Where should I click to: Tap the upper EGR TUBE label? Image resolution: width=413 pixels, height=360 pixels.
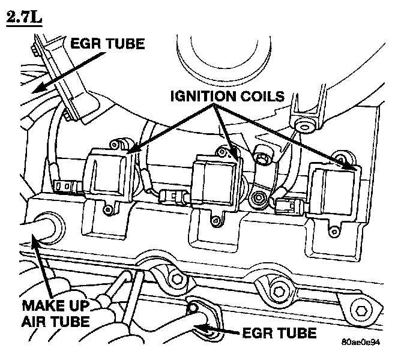coord(109,44)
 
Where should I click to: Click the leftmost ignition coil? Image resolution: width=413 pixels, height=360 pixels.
coord(110,174)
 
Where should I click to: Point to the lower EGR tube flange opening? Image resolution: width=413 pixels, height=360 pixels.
coord(195,307)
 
